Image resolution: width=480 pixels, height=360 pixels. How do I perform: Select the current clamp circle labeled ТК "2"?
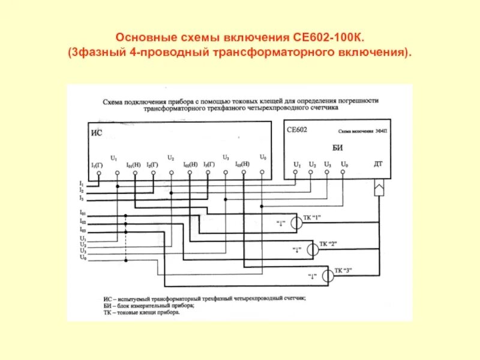pyautogui.click(x=313, y=250)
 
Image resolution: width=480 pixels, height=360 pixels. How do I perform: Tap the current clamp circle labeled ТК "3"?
pyautogui.click(x=327, y=276)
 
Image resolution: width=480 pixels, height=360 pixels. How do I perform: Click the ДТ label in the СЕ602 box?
pyautogui.click(x=379, y=163)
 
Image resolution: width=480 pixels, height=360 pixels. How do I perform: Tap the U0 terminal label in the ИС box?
pyautogui.click(x=262, y=157)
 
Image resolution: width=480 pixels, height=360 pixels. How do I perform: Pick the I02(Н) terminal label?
pyautogui.click(x=190, y=164)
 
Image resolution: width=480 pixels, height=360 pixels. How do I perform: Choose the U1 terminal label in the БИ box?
pyautogui.click(x=296, y=164)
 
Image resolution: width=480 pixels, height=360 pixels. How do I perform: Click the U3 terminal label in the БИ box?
pyautogui.click(x=328, y=164)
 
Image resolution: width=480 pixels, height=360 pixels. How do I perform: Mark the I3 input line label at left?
pyautogui.click(x=82, y=197)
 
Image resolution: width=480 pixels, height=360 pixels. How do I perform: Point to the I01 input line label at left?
pyautogui.click(x=82, y=212)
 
